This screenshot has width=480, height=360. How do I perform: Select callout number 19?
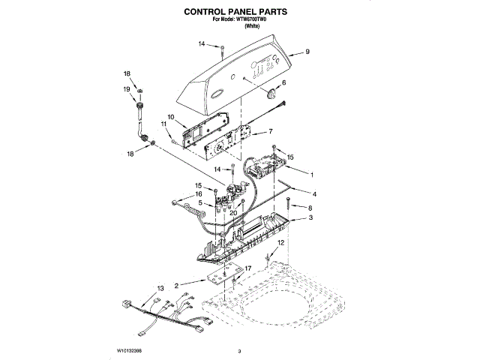(x=127, y=88)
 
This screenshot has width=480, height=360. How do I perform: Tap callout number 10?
(x=170, y=117)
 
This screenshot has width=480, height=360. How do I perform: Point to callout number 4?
(x=303, y=193)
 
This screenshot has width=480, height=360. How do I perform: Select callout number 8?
(x=309, y=206)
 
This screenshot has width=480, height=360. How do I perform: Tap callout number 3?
(x=310, y=218)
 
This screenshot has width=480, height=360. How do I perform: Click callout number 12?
(x=280, y=244)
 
